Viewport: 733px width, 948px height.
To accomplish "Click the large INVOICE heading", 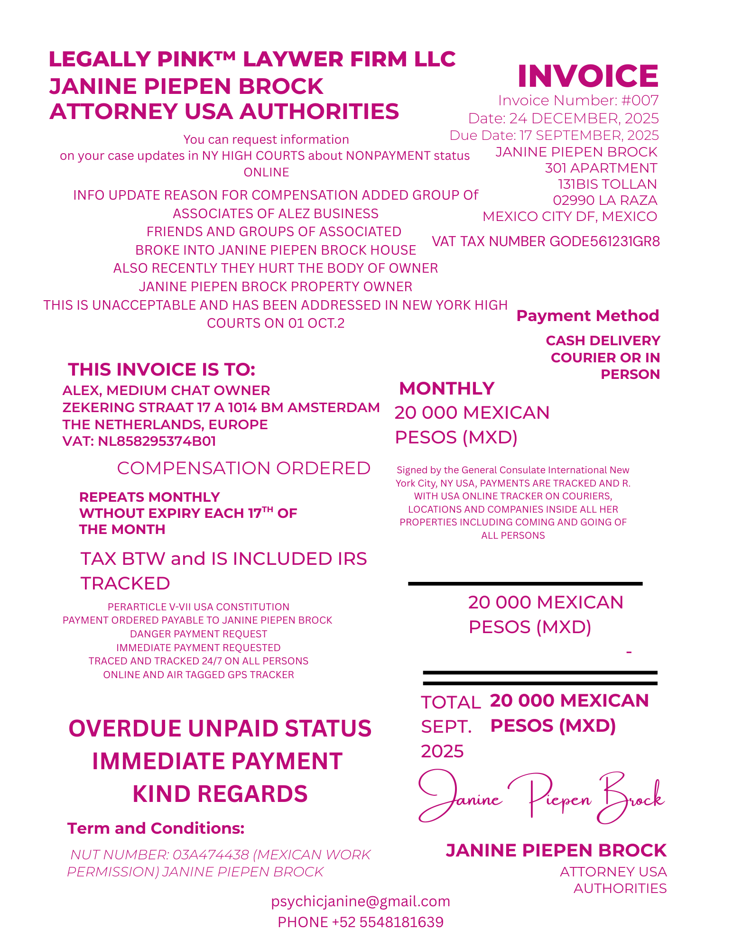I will tap(587, 76).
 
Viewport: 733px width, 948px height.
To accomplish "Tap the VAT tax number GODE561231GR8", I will tap(604, 242).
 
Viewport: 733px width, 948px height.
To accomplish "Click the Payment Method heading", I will tap(587, 316).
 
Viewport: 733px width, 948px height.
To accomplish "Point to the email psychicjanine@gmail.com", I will tap(361, 901).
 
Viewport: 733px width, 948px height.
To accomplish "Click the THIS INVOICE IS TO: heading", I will tap(162, 369).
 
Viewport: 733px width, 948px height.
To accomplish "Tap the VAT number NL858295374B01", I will tap(157, 442).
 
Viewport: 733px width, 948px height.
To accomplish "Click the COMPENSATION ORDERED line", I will tap(243, 468).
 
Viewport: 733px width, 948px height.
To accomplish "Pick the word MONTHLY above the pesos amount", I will tap(446, 388).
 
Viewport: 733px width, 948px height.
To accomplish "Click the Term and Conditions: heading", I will tap(156, 828).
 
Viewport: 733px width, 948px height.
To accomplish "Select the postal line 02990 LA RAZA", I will tap(605, 200).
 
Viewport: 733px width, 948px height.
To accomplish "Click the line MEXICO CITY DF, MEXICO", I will tap(569, 216).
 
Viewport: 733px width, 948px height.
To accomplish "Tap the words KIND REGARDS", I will tap(220, 794).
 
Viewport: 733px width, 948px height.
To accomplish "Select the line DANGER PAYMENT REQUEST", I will tap(198, 634).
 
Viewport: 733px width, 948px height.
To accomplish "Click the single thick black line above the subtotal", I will tap(525, 583).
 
